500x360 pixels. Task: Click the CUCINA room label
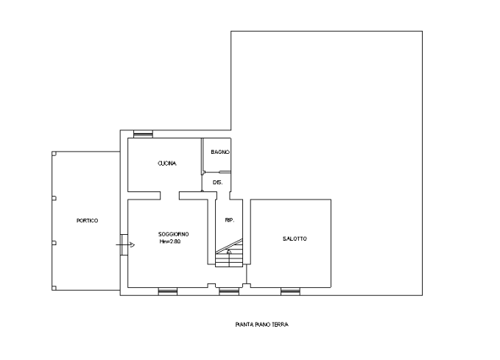pos(166,163)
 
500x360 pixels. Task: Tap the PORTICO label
pos(87,221)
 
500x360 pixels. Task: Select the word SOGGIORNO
pos(174,234)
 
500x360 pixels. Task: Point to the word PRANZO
pos(170,241)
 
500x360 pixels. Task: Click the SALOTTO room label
pos(295,239)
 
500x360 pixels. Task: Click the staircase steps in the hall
pos(229,255)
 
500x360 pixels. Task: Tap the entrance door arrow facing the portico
pos(125,243)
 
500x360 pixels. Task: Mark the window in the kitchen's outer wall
pos(143,133)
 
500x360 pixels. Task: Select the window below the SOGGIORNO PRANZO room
pos(168,292)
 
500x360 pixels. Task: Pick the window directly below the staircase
pos(228,292)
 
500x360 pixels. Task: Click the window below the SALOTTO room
pos(290,292)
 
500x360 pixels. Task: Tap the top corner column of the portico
pos(54,153)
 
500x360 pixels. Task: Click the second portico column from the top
pos(54,198)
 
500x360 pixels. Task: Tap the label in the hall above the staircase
pos(229,220)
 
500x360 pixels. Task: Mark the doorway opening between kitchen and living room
pos(169,194)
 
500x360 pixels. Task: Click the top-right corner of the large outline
pos(423,31)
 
